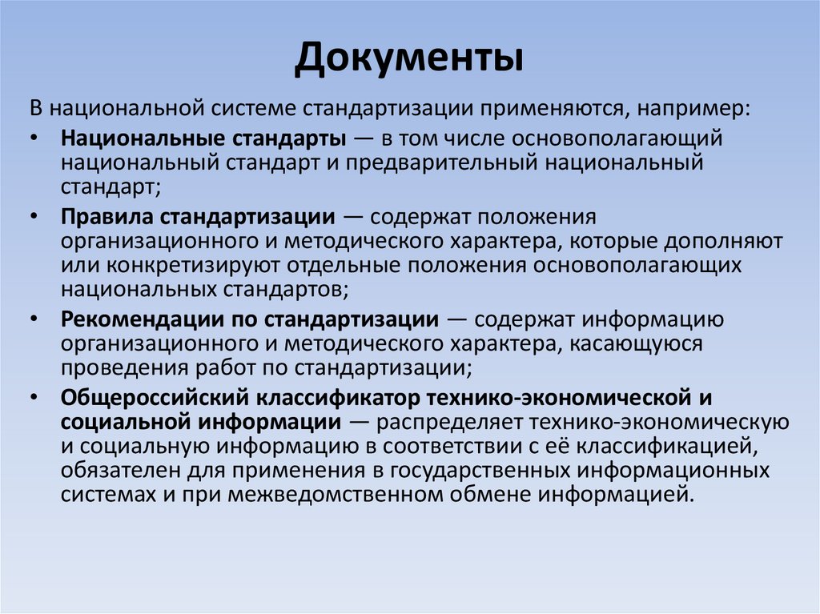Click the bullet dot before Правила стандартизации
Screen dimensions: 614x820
(31, 217)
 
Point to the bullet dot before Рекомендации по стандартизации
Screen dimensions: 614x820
(31, 320)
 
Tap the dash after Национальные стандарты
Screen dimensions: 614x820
(364, 138)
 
